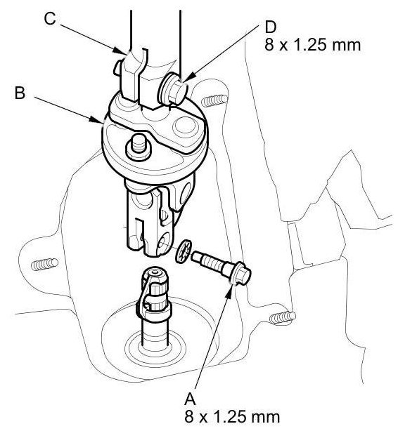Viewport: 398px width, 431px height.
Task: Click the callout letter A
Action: [190, 399]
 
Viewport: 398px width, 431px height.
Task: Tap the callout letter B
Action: [20, 93]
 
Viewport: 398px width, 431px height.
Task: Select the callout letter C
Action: [50, 19]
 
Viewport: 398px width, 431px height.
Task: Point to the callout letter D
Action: [270, 27]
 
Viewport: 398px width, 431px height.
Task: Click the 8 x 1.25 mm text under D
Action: [313, 45]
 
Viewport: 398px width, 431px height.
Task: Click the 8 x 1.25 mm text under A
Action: [232, 417]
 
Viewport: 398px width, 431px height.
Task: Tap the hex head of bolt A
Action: [243, 273]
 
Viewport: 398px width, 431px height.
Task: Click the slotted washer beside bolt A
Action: [183, 251]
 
